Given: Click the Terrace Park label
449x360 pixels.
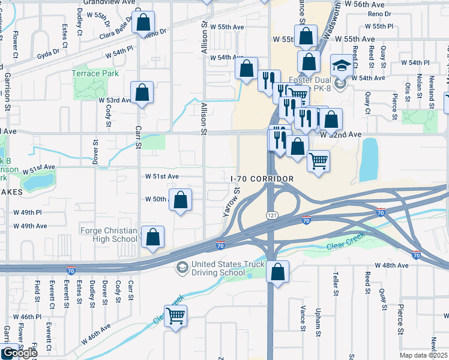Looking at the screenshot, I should click(x=95, y=73).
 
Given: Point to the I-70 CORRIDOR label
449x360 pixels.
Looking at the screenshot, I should click(x=262, y=179).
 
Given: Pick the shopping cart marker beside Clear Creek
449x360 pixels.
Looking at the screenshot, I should click(x=175, y=316).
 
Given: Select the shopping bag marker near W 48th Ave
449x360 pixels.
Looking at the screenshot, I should click(x=277, y=272).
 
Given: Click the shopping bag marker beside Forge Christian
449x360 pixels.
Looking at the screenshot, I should click(x=153, y=237).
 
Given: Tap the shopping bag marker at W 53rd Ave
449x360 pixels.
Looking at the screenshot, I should click(x=142, y=92).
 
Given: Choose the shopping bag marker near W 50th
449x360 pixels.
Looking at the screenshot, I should click(x=181, y=200).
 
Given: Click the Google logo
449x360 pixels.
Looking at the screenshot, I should click(x=19, y=353).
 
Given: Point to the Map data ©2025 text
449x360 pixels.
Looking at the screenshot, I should click(x=423, y=355).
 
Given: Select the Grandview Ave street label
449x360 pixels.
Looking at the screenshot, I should click(x=110, y=2).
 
